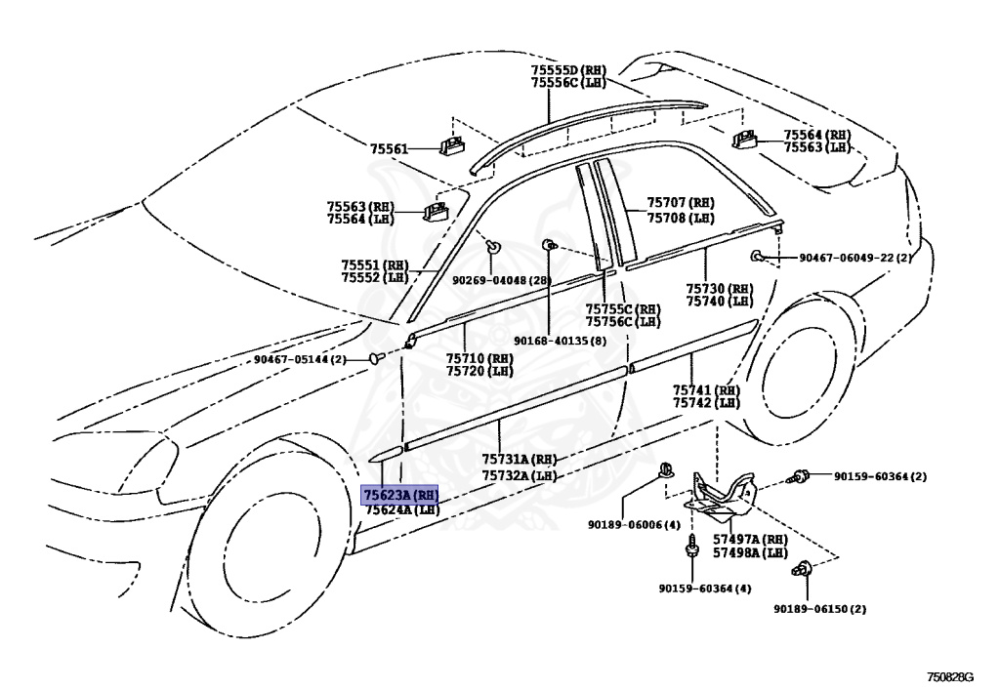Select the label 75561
click(389, 148)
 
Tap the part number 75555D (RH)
click(568, 70)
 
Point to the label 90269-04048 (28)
click(501, 280)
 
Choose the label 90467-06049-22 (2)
click(854, 258)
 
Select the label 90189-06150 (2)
click(819, 609)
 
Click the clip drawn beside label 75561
click(451, 145)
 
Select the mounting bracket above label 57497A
click(722, 492)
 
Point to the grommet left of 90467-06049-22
click(759, 257)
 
